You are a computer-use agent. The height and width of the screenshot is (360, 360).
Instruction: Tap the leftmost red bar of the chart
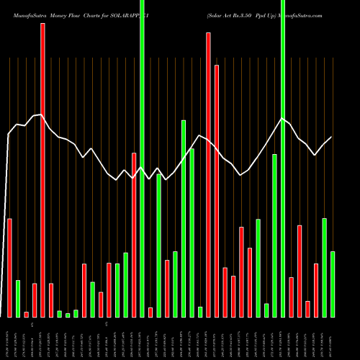(9, 267)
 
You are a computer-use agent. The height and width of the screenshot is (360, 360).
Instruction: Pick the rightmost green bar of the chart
(333, 284)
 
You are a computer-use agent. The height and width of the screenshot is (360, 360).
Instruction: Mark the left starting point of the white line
(8, 135)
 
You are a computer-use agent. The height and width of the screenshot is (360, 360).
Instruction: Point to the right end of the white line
(332, 137)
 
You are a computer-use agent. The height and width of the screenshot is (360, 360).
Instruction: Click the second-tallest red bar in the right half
(217, 191)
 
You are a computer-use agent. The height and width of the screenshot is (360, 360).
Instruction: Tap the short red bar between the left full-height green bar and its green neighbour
(150, 312)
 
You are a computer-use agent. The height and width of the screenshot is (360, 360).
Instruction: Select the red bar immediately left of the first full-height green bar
(134, 235)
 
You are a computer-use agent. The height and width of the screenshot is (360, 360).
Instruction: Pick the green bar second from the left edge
(59, 313)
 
